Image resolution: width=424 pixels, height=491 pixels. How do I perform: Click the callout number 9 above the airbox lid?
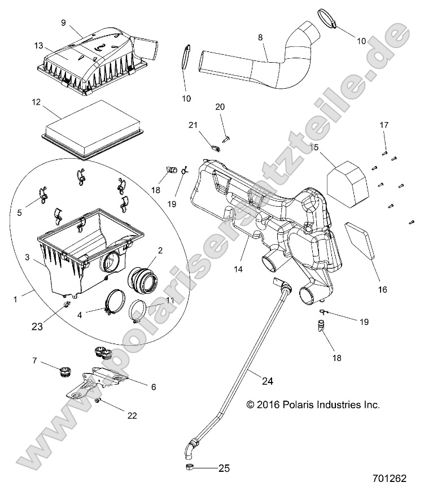[63, 23]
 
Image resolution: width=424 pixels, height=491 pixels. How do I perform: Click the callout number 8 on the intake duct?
[260, 37]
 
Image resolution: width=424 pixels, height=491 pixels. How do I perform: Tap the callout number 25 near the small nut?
[225, 468]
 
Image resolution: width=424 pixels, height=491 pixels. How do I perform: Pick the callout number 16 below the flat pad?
[382, 289]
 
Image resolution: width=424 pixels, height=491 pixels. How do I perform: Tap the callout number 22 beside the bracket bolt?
[132, 415]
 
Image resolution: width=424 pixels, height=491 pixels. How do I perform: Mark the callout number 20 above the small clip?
[220, 107]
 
